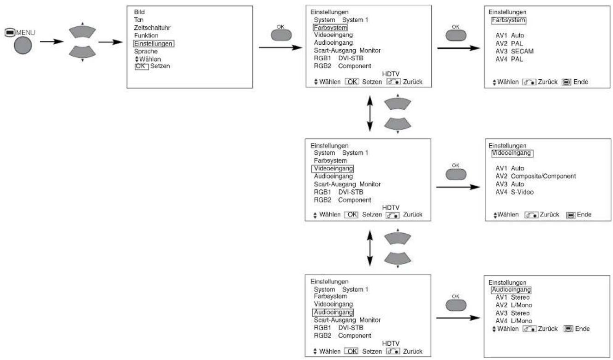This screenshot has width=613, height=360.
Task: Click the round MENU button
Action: pyautogui.click(x=23, y=45)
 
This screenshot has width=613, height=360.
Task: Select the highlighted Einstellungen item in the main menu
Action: pyautogui.click(x=153, y=43)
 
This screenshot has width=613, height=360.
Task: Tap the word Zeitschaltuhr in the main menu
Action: pyautogui.click(x=152, y=28)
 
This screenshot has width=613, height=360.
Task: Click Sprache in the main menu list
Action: pyautogui.click(x=146, y=51)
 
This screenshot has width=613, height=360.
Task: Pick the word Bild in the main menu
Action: pyautogui.click(x=139, y=12)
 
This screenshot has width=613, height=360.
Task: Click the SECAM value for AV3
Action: pyautogui.click(x=522, y=51)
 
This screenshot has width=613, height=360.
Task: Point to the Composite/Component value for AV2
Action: pyautogui.click(x=543, y=176)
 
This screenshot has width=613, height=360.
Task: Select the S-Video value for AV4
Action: pyautogui.click(x=522, y=192)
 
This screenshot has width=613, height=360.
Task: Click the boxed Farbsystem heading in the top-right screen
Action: pyautogui.click(x=508, y=20)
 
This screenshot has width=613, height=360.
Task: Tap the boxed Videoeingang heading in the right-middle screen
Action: pyautogui.click(x=512, y=153)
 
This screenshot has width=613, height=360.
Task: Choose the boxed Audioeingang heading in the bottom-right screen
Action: pyautogui.click(x=512, y=289)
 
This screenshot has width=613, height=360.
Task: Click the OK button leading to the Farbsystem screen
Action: pyautogui.click(x=456, y=35)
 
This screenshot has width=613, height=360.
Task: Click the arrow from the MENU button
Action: pyautogui.click(x=52, y=41)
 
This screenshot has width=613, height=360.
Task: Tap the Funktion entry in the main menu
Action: pyautogui.click(x=146, y=35)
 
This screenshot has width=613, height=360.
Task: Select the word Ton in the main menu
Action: pyautogui.click(x=138, y=20)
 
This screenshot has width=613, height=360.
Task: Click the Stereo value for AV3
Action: pyautogui.click(x=520, y=313)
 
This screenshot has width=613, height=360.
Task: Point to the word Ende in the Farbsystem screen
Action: pyautogui.click(x=581, y=82)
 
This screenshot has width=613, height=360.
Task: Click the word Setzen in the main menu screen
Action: pyautogui.click(x=160, y=66)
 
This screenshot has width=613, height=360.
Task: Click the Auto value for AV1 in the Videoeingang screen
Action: pyautogui.click(x=517, y=168)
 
